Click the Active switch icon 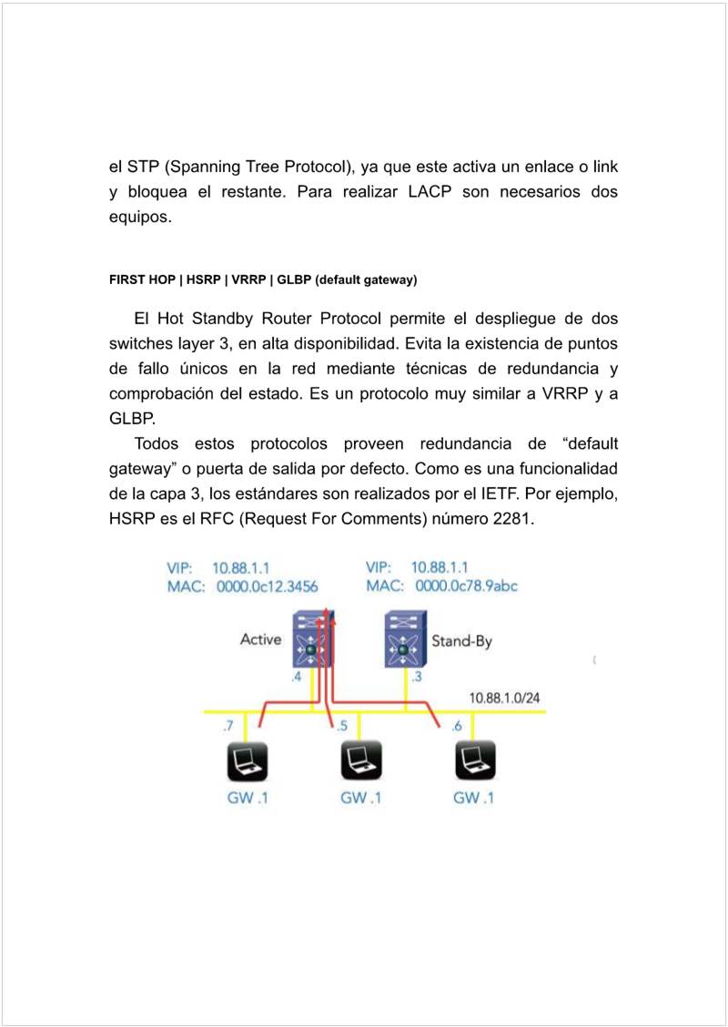coord(313,638)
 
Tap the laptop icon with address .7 coord(246,761)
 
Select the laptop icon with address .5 coord(359,761)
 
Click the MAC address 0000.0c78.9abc coord(466,586)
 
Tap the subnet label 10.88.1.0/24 coord(506,697)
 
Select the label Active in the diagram coord(260,639)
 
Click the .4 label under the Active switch coord(296,677)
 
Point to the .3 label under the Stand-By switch coord(416,676)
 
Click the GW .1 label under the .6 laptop coord(473,798)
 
